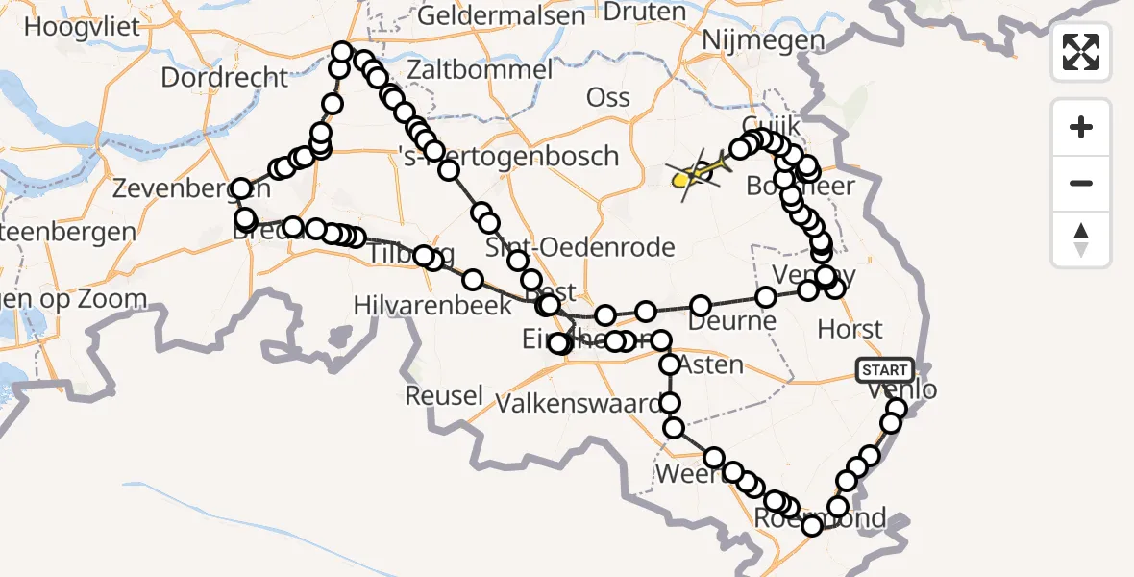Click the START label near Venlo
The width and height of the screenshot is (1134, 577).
884,370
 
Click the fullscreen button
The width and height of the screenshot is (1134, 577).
1081,52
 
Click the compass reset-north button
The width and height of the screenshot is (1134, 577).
1081,240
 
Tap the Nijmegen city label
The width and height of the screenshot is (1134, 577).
763,40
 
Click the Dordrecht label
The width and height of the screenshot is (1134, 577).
225,77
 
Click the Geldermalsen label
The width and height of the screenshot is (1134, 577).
502,15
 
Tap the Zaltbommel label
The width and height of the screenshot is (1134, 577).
480,70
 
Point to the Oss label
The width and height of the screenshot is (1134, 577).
608,97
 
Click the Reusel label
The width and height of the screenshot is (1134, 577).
443,395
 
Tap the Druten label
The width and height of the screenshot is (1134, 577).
644,13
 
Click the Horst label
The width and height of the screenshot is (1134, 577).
850,330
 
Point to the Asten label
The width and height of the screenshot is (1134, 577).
710,364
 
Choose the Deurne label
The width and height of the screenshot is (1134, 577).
732,320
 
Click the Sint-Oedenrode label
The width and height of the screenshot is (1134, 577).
579,247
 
